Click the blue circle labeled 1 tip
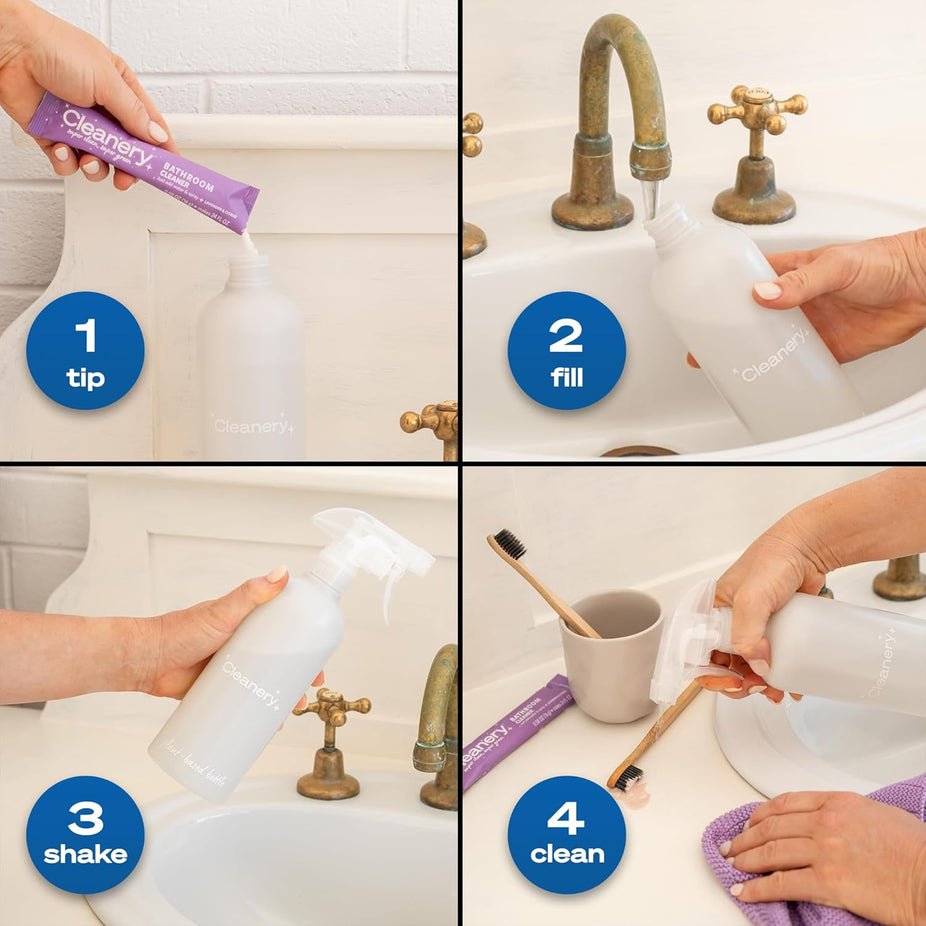coord(85,350)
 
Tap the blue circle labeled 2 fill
coord(566,350)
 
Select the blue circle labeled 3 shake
coord(85,834)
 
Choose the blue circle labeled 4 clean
coord(566,834)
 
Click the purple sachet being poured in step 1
coord(140,160)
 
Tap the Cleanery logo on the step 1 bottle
coord(251,425)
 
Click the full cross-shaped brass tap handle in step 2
coord(757,115)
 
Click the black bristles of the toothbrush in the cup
coord(510,544)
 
